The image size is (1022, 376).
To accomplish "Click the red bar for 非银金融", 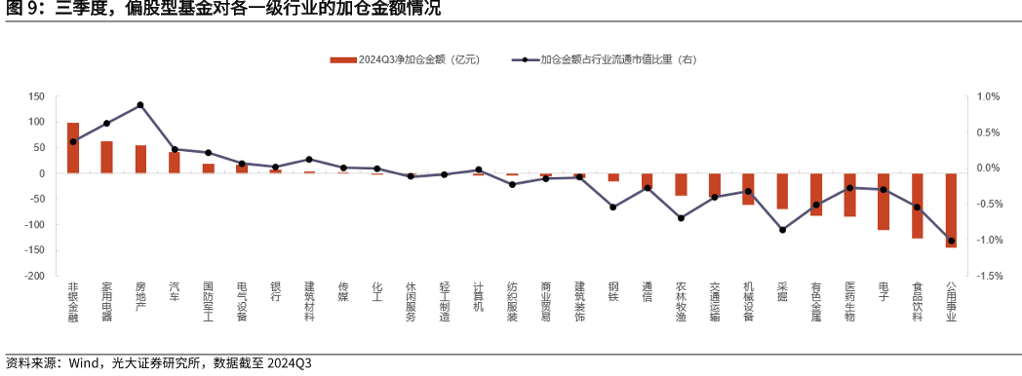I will coord(73,148).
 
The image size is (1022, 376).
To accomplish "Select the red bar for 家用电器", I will coord(106,157).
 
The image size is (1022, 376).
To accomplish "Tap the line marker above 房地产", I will coord(140,105).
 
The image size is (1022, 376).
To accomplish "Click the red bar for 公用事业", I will coord(951,210).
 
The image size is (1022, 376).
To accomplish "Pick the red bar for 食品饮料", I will coord(917,206).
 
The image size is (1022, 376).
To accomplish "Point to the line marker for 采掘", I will coord(782,230).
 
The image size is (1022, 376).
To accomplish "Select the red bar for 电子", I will coord(884,202).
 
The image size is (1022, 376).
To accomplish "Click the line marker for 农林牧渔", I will coord(681,218).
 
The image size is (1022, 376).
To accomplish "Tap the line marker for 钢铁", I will coord(613,207).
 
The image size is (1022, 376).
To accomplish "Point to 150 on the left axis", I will coord(37,96).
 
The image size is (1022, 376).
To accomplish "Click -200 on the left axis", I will coord(35,277).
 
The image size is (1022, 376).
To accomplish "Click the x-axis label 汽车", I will coord(175,291).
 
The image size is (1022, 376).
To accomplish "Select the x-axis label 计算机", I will coord(478,297).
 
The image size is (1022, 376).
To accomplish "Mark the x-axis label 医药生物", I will coord(849,302).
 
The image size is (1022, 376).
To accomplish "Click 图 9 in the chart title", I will coord(22,10).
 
